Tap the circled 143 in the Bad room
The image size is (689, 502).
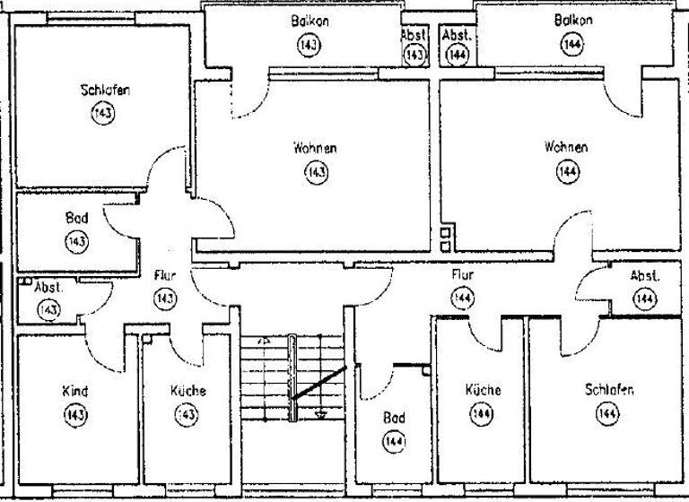(x=76, y=241)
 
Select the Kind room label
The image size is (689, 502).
(x=74, y=392)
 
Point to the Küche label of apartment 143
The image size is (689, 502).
(x=188, y=391)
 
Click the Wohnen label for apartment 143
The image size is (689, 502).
(x=315, y=148)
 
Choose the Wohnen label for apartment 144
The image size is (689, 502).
(x=566, y=147)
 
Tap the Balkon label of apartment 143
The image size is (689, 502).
(x=310, y=21)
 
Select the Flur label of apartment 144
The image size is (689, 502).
(x=462, y=275)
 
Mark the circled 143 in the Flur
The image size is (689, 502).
(x=164, y=299)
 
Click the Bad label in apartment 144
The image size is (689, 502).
(x=394, y=418)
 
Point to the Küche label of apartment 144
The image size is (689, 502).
(x=483, y=390)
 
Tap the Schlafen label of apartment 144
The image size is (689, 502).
(x=609, y=390)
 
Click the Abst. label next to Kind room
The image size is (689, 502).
(x=48, y=289)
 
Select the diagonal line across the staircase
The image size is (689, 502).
(x=318, y=383)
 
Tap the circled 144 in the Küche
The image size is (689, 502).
(x=483, y=414)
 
